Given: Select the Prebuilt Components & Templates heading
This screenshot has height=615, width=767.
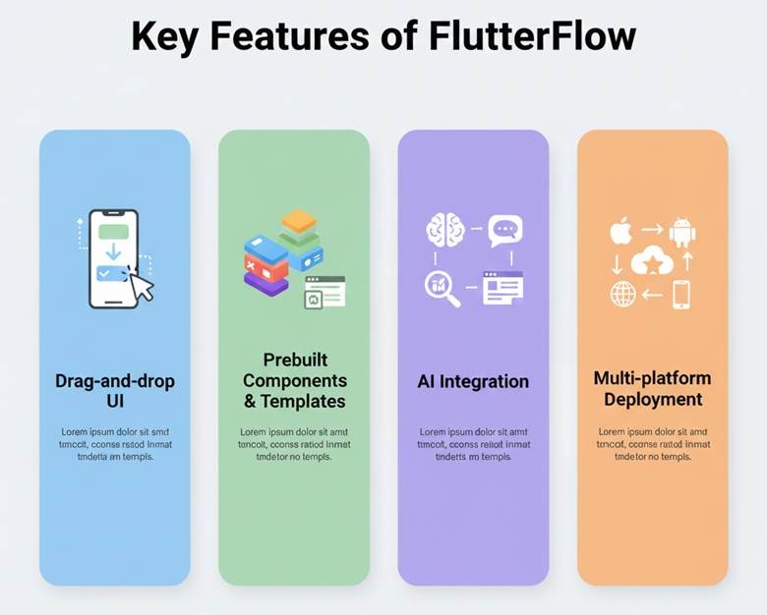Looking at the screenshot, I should click(x=294, y=380).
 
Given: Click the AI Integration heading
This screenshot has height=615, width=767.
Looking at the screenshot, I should click(x=473, y=381).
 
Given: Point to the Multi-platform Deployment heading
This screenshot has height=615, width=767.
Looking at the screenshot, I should click(x=652, y=389).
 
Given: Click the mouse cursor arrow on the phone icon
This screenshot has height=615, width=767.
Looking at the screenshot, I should click(x=142, y=286).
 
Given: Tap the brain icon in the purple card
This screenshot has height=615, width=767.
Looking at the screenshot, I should click(x=444, y=231).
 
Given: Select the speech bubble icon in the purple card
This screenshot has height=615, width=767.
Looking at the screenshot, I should click(x=505, y=230).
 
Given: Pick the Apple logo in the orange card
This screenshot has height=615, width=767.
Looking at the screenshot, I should click(x=620, y=233).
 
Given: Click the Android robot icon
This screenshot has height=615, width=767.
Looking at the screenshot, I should click(x=681, y=232).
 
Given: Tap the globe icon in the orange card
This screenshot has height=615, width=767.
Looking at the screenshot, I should click(x=622, y=294).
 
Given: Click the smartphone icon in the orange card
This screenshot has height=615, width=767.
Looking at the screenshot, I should click(x=681, y=294).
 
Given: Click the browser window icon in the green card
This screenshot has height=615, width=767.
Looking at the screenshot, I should click(x=325, y=291).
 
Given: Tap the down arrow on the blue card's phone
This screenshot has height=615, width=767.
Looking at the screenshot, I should click(x=113, y=252).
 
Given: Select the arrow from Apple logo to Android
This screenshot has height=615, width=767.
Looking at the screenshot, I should click(x=651, y=229).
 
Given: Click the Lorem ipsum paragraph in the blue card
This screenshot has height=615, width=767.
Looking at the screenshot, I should click(x=115, y=444).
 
